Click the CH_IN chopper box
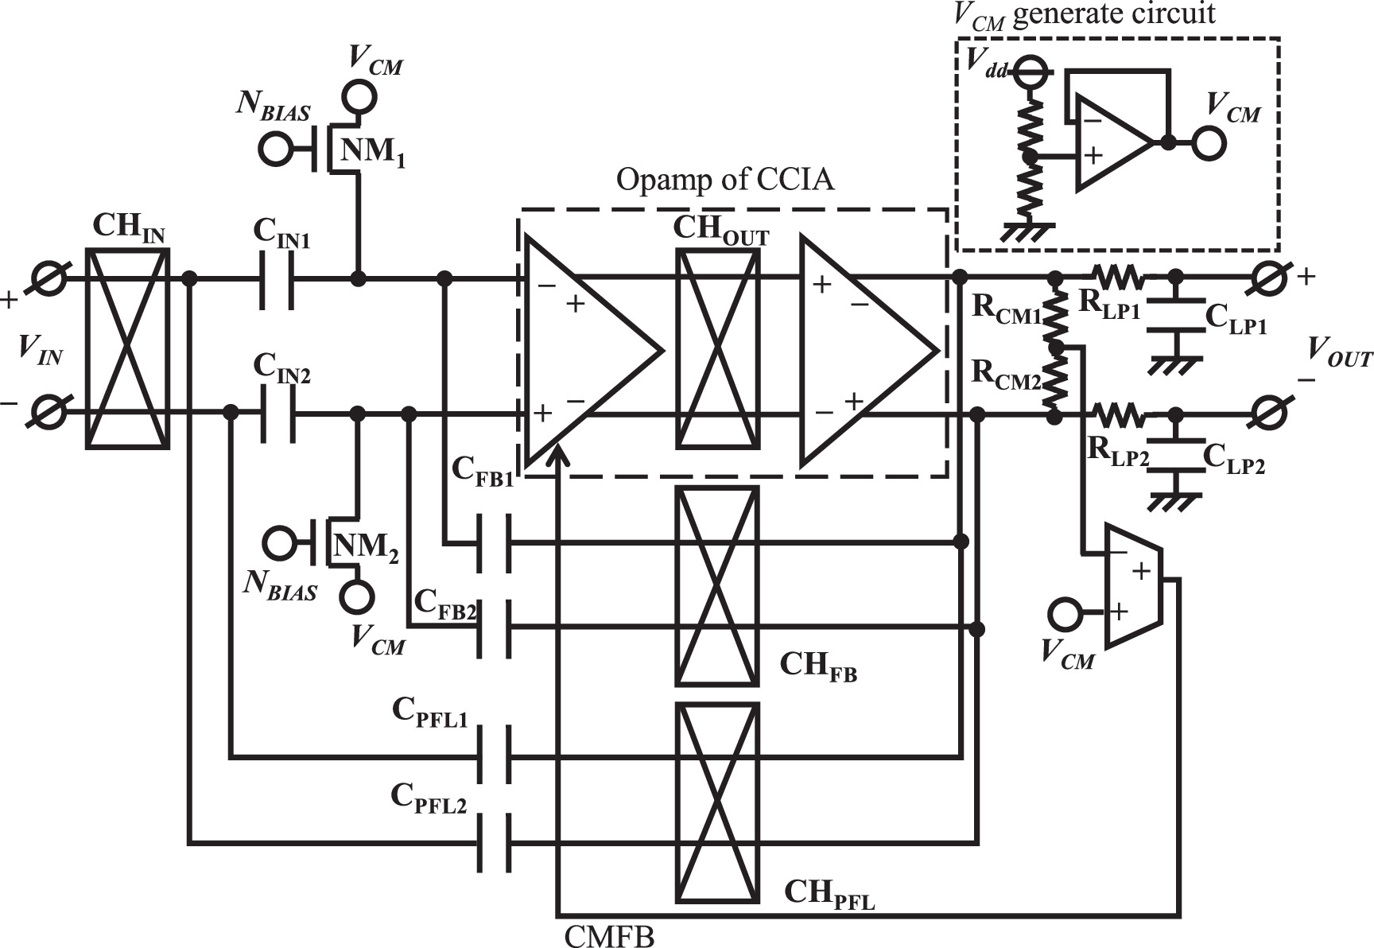pyautogui.click(x=127, y=348)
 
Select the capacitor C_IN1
pyautogui.click(x=278, y=279)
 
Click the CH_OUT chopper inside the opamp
pyautogui.click(x=716, y=348)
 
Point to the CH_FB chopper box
pyautogui.click(x=716, y=585)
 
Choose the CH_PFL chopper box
pyautogui.click(x=716, y=802)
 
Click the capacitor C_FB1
pyautogui.click(x=494, y=543)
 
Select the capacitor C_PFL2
pyautogui.click(x=494, y=843)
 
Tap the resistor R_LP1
pyautogui.click(x=1120, y=278)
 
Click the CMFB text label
pyautogui.click(x=609, y=936)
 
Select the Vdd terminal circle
pyautogui.click(x=1031, y=72)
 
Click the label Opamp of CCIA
pyautogui.click(x=725, y=181)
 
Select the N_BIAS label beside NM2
pyautogui.click(x=280, y=589)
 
